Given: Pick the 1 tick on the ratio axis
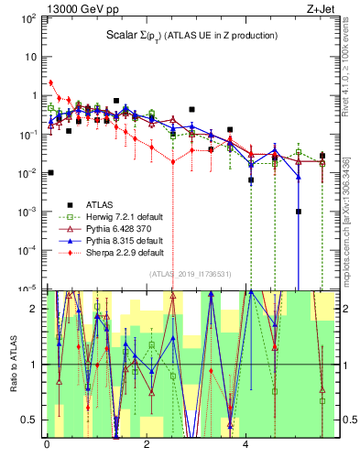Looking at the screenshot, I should coord(35,365).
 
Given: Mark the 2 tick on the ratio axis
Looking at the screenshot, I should coord(35,309).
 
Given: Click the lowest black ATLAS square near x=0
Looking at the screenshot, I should coord(51,172).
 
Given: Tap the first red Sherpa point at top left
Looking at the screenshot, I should coord(51,82).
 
